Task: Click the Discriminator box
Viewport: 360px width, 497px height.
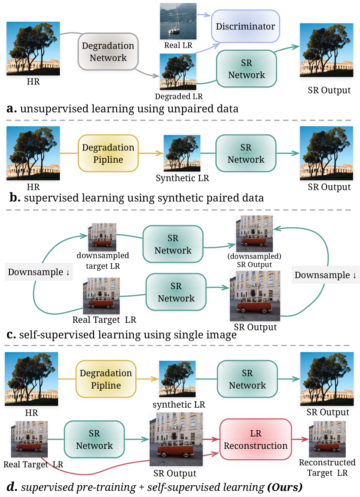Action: (x=245, y=26)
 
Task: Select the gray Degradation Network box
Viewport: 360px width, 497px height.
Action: (x=108, y=52)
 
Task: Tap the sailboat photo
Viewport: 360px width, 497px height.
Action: (x=177, y=21)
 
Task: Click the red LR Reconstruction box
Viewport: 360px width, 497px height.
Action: (x=255, y=439)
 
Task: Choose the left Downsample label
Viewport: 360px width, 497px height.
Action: (x=39, y=272)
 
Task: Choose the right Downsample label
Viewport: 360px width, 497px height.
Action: (x=325, y=275)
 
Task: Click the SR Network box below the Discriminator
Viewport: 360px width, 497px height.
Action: (x=246, y=69)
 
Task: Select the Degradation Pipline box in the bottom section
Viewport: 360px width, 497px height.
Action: (x=106, y=379)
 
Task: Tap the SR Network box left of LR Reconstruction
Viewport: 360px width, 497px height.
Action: (x=94, y=439)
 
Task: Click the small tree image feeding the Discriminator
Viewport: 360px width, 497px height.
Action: (x=178, y=71)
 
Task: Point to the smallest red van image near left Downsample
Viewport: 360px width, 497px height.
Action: (x=102, y=237)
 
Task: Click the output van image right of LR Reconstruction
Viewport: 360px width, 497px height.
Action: (x=327, y=439)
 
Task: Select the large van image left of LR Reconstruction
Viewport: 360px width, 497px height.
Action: (x=176, y=439)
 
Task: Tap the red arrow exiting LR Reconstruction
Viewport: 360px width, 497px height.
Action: (x=300, y=439)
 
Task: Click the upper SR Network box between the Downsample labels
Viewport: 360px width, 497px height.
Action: (x=173, y=244)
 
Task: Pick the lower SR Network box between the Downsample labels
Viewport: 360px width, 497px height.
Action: (x=176, y=292)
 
